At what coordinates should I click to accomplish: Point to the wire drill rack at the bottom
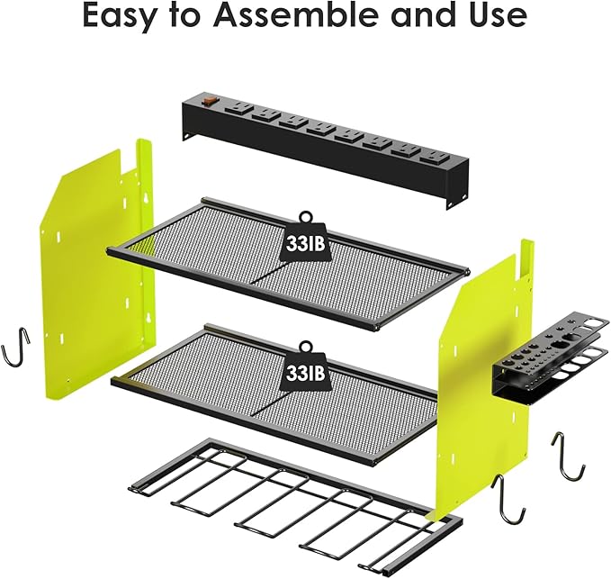(297, 504)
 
